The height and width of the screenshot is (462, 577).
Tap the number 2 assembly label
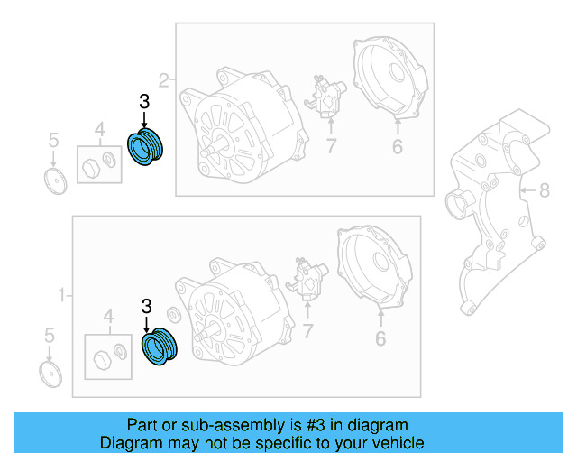pos(163,80)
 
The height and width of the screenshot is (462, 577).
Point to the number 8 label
pos(544,189)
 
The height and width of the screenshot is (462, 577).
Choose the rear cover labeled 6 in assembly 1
pos(375,267)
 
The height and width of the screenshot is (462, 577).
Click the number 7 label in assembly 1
pos(308,333)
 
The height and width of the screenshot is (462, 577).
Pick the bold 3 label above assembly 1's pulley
pos(146,308)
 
